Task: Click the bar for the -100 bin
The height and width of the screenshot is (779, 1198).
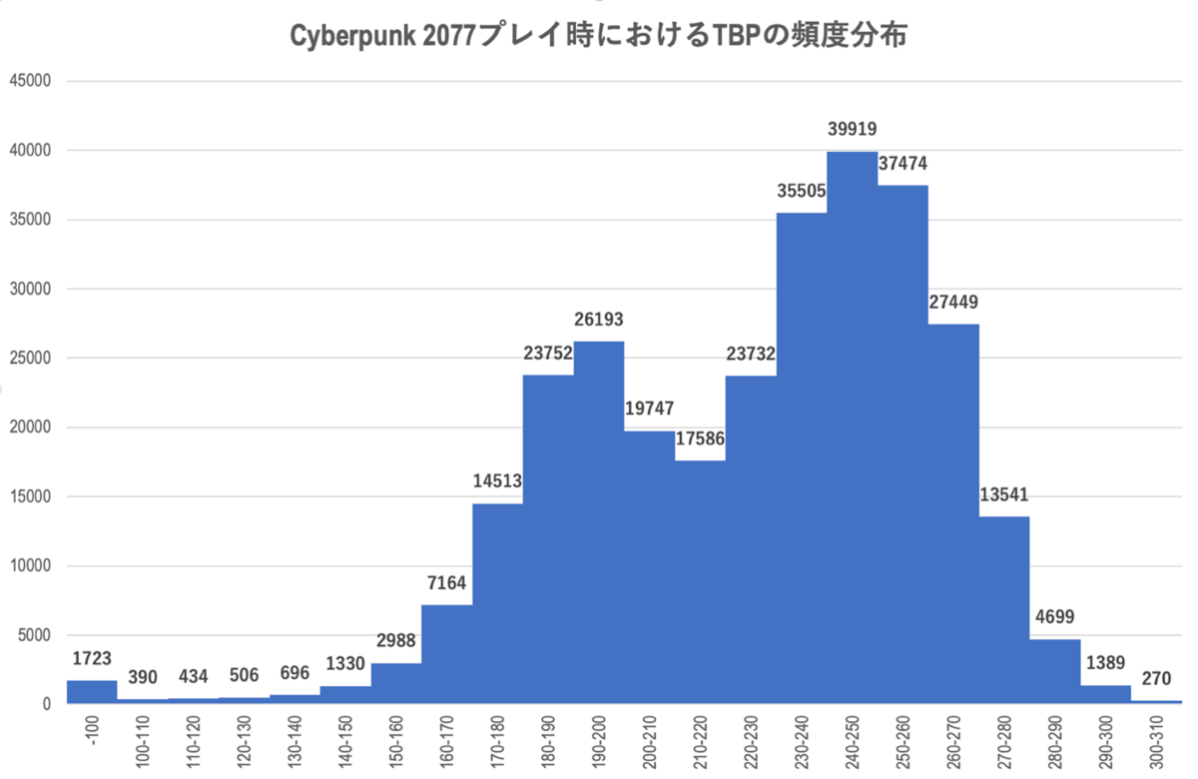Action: click(x=92, y=692)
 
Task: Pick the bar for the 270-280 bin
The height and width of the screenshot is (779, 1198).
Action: click(x=1003, y=609)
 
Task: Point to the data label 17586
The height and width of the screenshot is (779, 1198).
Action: click(x=700, y=437)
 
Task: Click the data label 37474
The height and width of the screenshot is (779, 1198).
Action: click(x=903, y=162)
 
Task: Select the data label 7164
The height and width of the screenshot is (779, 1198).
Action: click(x=446, y=582)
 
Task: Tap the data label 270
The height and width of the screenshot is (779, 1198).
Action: click(x=1156, y=680)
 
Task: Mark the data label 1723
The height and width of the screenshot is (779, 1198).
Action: click(x=92, y=658)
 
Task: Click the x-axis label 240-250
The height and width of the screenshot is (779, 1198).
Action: click(x=852, y=742)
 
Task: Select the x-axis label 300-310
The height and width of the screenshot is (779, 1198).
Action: click(x=1156, y=742)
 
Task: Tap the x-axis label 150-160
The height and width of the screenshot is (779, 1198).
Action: click(x=395, y=742)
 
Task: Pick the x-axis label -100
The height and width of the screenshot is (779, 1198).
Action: click(x=92, y=732)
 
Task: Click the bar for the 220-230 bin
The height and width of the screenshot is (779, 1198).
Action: click(x=751, y=539)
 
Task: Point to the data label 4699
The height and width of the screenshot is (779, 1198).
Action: click(x=1054, y=616)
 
